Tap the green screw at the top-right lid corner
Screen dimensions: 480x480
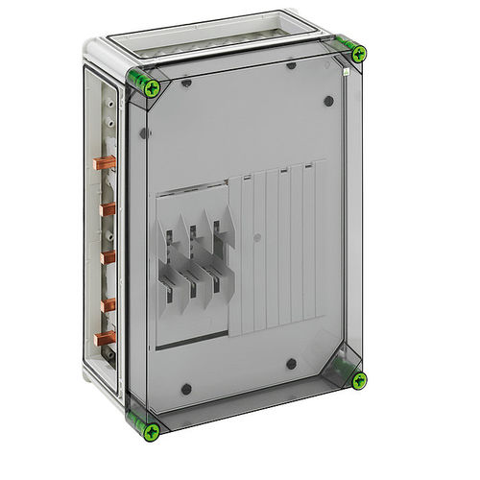click(357, 55)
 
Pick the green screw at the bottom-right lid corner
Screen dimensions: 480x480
click(358, 381)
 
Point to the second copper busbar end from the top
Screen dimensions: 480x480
click(107, 208)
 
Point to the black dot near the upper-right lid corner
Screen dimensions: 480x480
click(327, 100)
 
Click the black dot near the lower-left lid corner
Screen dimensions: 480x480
click(186, 389)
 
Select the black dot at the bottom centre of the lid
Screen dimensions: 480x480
click(291, 363)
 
